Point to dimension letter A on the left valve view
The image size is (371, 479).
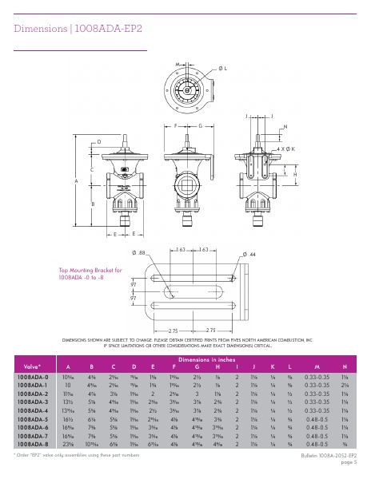[77, 182]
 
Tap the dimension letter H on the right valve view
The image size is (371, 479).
[295, 174]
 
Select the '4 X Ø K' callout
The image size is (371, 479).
[286, 149]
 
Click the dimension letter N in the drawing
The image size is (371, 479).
[285, 128]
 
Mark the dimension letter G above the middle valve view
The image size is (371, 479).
[200, 126]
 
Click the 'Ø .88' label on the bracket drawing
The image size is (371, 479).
[142, 252]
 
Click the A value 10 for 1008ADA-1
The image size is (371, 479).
[68, 384]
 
